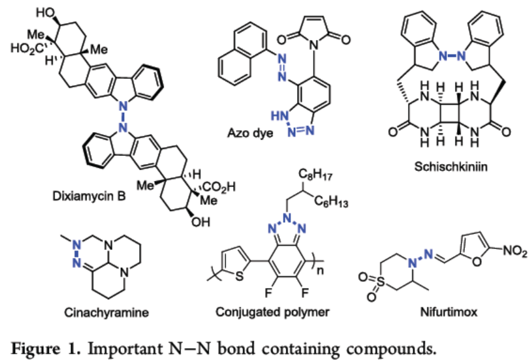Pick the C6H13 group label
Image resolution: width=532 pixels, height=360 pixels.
[x=335, y=201]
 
